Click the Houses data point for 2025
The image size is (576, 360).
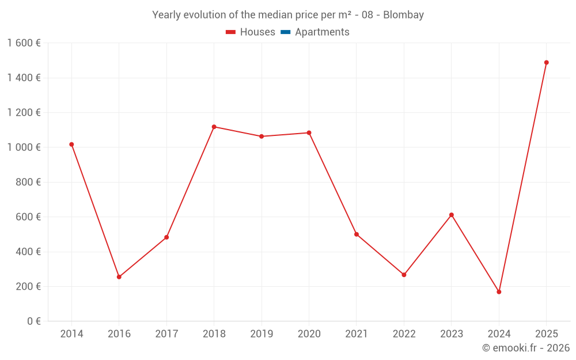point(546,62)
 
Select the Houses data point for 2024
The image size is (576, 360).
point(499,292)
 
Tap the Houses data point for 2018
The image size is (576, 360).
point(214,127)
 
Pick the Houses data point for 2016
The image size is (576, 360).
point(119,277)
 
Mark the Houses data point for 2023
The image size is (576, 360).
point(452,215)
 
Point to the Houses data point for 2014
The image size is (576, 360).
point(71,145)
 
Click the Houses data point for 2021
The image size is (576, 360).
point(357,234)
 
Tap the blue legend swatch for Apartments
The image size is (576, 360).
point(286,32)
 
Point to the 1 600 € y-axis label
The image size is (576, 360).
point(24,43)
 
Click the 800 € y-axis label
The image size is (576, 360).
point(26,182)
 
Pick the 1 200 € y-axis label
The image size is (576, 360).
point(24,113)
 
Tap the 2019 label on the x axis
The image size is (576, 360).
point(262,334)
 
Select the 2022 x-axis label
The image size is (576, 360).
point(404,334)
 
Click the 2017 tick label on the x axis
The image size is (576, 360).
point(166,334)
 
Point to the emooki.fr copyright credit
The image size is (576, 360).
point(526,348)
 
